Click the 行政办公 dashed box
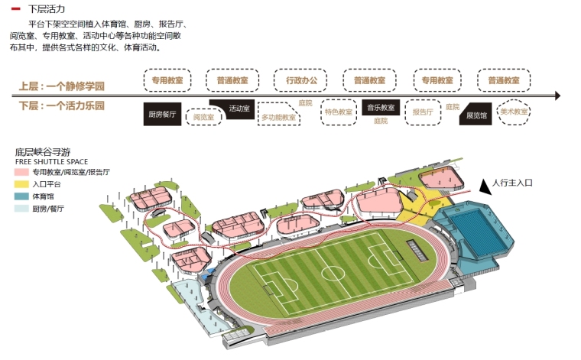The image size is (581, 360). (300, 80)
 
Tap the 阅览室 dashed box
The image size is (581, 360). (203, 118)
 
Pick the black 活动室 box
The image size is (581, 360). (235, 108)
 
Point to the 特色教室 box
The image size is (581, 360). (338, 112)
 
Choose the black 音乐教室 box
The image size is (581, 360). (380, 108)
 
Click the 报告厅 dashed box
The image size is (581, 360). (423, 112)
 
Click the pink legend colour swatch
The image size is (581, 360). (20, 174)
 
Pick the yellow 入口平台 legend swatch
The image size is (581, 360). (20, 185)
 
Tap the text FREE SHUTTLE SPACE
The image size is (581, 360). (51, 162)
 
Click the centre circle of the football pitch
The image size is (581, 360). (332, 273)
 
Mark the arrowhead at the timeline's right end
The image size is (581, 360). (557, 96)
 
